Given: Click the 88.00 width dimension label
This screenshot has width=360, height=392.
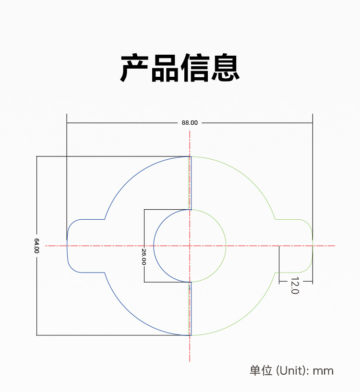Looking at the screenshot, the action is pos(190,122).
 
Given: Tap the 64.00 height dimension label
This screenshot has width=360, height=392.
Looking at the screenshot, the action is pos(36,246).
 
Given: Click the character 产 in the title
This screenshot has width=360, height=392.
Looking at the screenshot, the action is pos(135,69).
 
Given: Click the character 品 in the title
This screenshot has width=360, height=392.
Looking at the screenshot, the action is pos(165,69).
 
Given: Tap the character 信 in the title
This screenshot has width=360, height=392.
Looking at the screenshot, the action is pos(195,69).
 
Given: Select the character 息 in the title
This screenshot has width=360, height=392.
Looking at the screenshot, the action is pos(225,69).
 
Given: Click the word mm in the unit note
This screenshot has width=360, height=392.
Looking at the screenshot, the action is pos(323,370).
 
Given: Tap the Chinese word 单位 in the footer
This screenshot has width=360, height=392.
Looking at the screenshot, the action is pos(261,370).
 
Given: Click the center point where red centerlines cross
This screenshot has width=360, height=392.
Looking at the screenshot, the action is pos(190,246).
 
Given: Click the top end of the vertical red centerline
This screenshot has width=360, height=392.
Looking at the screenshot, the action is pos(190,131).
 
